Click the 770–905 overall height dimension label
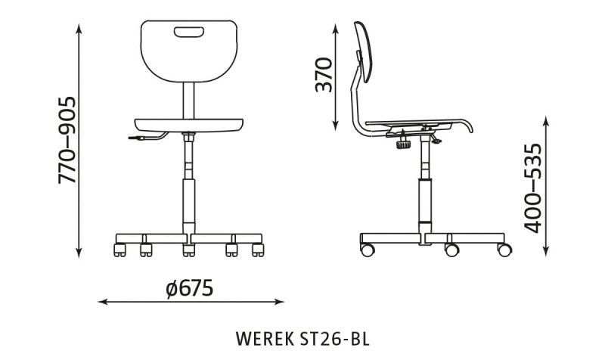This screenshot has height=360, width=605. point(67,140)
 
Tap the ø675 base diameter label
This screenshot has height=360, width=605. point(190,288)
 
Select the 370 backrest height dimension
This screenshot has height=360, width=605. point(324,75)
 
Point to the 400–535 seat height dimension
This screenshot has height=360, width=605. point(533,188)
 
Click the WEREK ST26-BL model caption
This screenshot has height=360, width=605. point(302,338)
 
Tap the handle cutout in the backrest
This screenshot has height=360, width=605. point(188,32)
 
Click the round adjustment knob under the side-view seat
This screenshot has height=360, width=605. point(403,144)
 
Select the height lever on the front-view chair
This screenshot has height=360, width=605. point(147,137)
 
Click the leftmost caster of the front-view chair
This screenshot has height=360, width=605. point(119,250)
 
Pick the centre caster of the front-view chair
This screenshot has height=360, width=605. point(188,250)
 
